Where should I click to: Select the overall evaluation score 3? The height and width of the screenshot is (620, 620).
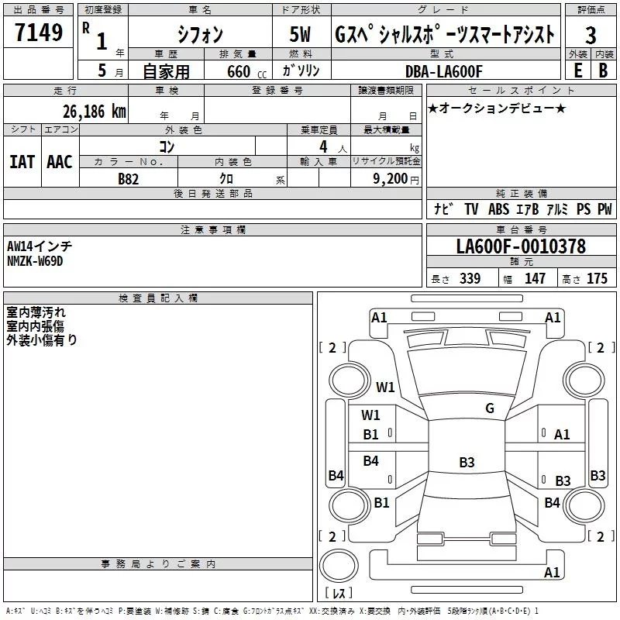click(591, 36)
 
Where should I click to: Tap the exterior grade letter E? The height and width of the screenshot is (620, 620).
click(577, 70)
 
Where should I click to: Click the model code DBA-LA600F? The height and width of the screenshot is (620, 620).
click(443, 71)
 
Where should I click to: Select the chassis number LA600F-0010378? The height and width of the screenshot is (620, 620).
click(521, 246)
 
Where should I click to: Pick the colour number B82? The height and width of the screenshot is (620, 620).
click(129, 178)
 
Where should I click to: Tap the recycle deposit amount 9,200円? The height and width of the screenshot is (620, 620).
click(387, 178)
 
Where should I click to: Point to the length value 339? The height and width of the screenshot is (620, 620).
click(470, 278)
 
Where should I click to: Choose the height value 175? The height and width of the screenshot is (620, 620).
click(597, 278)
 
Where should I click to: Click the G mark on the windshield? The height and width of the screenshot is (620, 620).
click(489, 408)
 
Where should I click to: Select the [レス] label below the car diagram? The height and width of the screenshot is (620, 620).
click(338, 594)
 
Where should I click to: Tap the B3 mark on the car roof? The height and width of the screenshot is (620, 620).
click(467, 463)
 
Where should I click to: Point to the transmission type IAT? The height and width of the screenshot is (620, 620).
click(22, 161)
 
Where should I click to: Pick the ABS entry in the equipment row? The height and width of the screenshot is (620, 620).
click(498, 209)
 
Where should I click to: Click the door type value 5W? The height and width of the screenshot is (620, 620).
click(302, 35)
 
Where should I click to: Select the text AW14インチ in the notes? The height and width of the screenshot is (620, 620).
click(40, 246)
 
